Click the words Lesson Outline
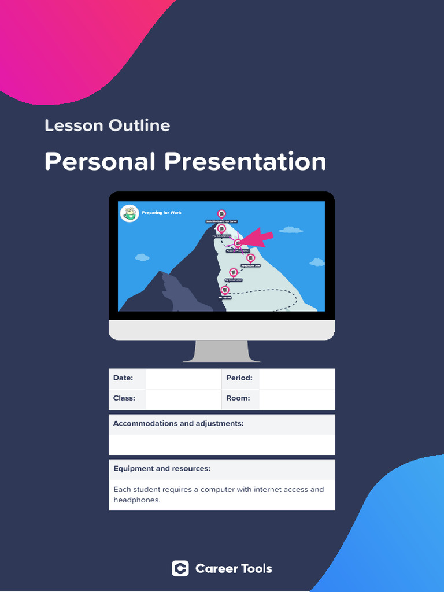click(x=107, y=125)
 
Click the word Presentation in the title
click(x=245, y=161)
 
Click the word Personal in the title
click(x=100, y=161)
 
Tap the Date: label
click(x=123, y=378)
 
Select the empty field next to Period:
click(x=297, y=378)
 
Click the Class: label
click(x=124, y=398)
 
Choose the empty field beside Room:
click(x=297, y=398)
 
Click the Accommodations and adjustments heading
click(x=178, y=424)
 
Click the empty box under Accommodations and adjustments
click(x=221, y=445)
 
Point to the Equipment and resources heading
click(x=162, y=469)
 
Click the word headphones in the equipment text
click(x=136, y=500)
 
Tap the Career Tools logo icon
click(x=180, y=569)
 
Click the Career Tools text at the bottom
click(x=234, y=569)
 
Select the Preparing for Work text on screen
click(x=161, y=213)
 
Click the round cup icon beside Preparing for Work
click(x=130, y=213)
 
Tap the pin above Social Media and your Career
click(x=221, y=214)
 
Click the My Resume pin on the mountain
click(x=225, y=290)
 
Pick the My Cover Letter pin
click(x=234, y=272)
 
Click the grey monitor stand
click(x=221, y=351)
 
